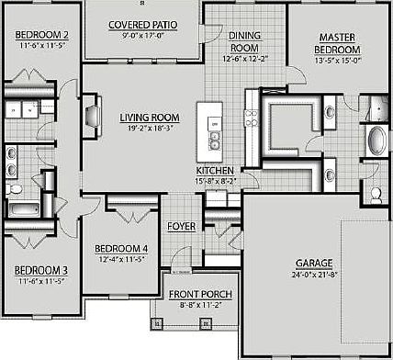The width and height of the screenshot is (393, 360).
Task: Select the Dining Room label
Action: tap(243, 40)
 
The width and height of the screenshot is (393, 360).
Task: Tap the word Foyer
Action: tap(180, 226)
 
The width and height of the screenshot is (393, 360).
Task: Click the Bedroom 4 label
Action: tap(122, 249)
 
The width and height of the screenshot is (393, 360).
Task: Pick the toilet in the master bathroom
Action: tap(376, 195)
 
